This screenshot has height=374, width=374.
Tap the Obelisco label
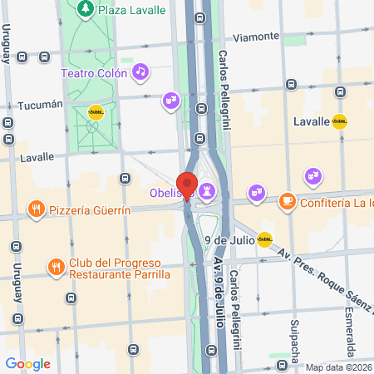click(x=172, y=193)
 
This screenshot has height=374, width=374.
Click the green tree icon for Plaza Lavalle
click(x=85, y=9)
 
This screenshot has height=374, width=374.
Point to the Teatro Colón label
click(x=94, y=73)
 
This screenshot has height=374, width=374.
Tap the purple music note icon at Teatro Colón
click(x=140, y=72)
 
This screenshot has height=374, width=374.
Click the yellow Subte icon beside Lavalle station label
click(x=339, y=121)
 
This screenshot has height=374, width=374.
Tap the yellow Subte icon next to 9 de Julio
click(x=264, y=240)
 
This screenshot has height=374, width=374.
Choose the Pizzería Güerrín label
click(x=91, y=210)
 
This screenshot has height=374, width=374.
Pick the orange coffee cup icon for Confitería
click(x=286, y=201)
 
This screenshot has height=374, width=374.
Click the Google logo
click(x=27, y=363)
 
